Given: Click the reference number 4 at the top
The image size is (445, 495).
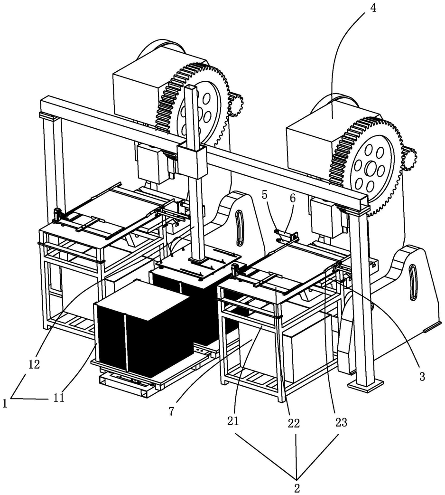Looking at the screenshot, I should point(373,9).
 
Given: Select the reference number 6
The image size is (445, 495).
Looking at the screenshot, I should point(293,199).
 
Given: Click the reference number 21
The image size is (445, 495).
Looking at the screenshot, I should point(233,422).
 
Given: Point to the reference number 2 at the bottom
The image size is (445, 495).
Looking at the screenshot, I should point(297,487).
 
